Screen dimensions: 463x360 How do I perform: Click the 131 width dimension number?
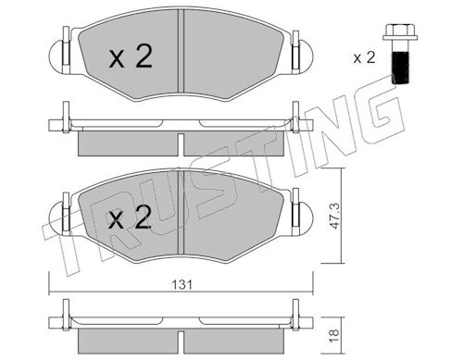pyautogui.click(x=182, y=284)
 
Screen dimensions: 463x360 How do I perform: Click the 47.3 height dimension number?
pyautogui.click(x=334, y=216)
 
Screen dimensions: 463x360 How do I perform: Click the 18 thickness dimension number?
pyautogui.click(x=334, y=333)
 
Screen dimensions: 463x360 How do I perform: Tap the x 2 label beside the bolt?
pyautogui.click(x=364, y=57)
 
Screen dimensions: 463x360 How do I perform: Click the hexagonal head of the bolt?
pyautogui.click(x=400, y=32)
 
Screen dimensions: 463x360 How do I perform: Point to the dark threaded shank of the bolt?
pyautogui.click(x=400, y=68)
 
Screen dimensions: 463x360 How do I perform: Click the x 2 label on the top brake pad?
pyautogui.click(x=131, y=56)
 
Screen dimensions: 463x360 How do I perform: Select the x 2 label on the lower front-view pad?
pyautogui.click(x=130, y=217)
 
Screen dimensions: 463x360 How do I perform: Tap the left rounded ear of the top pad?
pyautogui.click(x=56, y=57)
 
